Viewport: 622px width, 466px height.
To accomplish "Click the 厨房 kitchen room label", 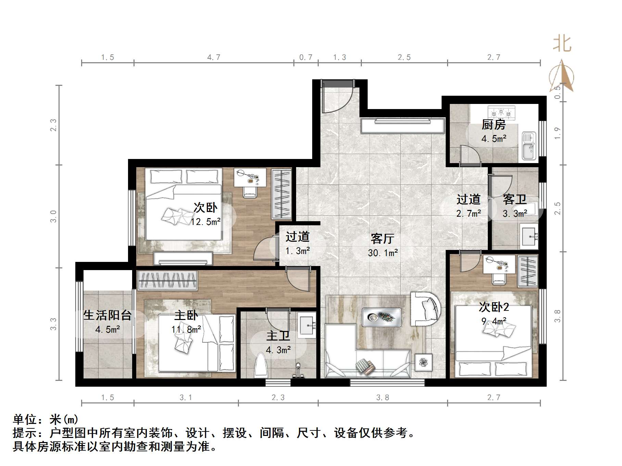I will click(x=493, y=125).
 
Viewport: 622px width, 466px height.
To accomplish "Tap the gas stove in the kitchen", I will click(x=501, y=112).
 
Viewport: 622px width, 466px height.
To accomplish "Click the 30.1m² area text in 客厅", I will click(x=383, y=253).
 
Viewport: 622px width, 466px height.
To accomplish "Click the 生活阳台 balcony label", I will click(x=107, y=315).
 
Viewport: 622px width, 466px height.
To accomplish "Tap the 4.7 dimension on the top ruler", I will click(x=214, y=57).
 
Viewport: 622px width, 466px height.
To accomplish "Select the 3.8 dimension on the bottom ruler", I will click(x=383, y=397).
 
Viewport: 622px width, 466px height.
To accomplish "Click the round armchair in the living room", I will click(x=426, y=308).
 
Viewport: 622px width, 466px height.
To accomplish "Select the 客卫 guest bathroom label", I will click(x=515, y=200).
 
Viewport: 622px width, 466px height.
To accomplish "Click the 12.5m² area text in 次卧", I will click(x=205, y=222).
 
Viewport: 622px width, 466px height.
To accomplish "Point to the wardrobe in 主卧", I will click(x=167, y=280).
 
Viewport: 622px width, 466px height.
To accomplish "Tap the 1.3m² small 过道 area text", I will click(x=297, y=251).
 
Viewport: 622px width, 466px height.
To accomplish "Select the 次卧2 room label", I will click(x=494, y=307).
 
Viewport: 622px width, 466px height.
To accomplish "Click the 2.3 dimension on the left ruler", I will click(x=53, y=125).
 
